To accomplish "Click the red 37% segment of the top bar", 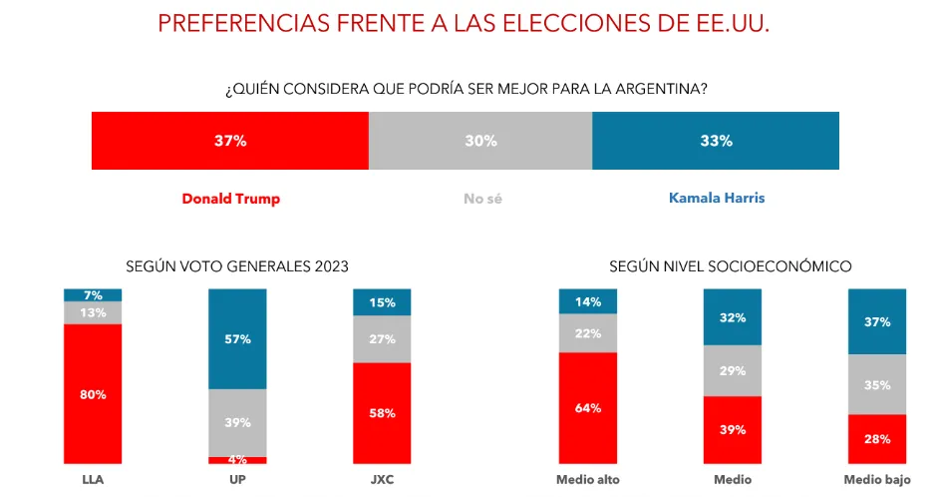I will (x=230, y=141).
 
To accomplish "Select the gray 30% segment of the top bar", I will (x=480, y=141).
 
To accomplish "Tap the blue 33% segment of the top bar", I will (x=716, y=141).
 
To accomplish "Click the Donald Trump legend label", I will (x=230, y=199).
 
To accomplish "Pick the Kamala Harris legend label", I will (x=716, y=199).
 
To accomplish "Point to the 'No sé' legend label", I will (x=482, y=199).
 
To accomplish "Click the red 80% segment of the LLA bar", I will (x=93, y=394).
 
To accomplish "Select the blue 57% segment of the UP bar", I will (x=237, y=339).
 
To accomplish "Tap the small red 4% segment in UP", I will (x=237, y=460).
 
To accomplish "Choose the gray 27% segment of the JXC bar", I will (x=382, y=339).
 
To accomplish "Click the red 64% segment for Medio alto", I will (x=588, y=407).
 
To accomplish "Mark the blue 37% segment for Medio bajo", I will (x=876, y=321).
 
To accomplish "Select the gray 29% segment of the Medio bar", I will (x=732, y=370).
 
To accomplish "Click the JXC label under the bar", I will (x=382, y=480).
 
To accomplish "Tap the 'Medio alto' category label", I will (x=588, y=480).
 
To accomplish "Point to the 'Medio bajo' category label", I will (x=877, y=480).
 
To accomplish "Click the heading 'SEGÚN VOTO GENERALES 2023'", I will (x=237, y=266).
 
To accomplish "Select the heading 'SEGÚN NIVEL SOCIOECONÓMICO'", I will (x=730, y=266).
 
